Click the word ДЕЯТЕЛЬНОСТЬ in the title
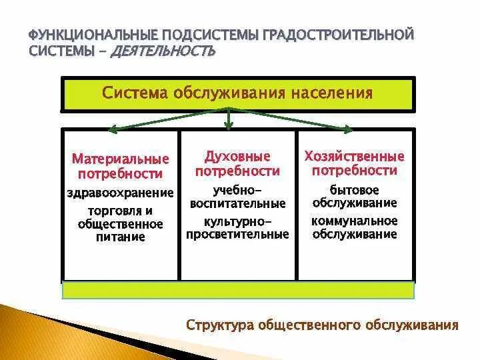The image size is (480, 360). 165,51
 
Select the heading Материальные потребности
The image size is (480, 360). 121,167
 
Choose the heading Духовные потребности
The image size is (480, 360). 237,164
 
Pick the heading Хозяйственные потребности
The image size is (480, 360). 355,163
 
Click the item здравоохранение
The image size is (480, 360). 121,193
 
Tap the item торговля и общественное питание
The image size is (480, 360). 121,223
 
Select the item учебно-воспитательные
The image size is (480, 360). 237,196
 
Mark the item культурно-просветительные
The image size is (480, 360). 237,227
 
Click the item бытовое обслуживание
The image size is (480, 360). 355,196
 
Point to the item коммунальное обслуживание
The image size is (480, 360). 355,227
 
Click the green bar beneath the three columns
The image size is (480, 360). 238,290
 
